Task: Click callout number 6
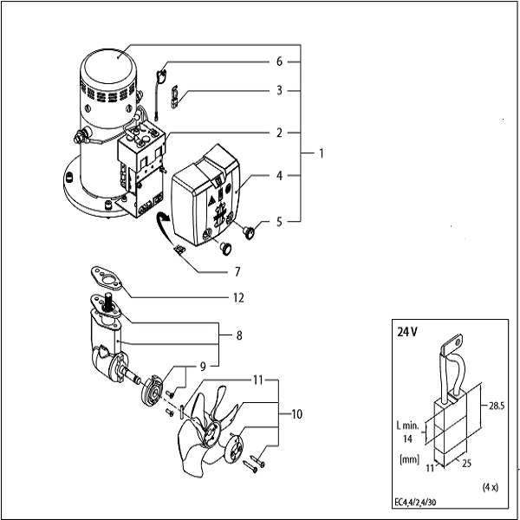tap(279, 62)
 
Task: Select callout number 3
tap(279, 90)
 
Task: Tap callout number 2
tap(279, 133)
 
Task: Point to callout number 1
tap(321, 153)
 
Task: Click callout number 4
tap(279, 176)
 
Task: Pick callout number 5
tap(279, 222)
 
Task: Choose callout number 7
tap(237, 272)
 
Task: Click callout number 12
tap(238, 298)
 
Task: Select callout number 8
tap(239, 335)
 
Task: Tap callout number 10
tap(296, 414)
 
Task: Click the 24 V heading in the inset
tap(407, 332)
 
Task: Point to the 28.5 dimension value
tap(497, 406)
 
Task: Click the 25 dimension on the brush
tap(466, 464)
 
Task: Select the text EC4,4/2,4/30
tap(415, 503)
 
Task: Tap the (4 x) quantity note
tap(491, 487)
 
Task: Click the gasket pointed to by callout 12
tap(107, 278)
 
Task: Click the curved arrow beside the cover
tap(164, 230)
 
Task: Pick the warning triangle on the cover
tap(211, 201)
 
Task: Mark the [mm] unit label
tap(410, 459)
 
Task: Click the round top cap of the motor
tap(109, 66)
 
